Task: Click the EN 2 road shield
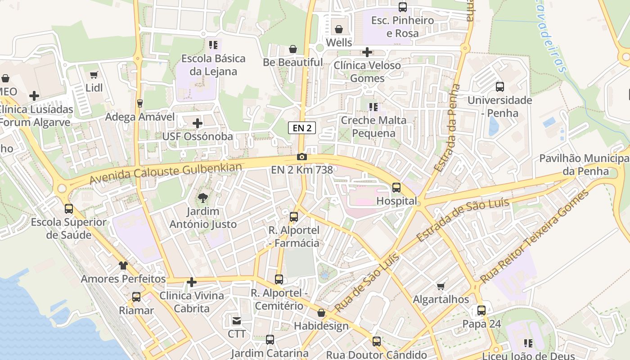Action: click(x=302, y=128)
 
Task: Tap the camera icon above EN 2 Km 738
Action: click(x=302, y=157)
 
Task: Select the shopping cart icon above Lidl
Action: click(x=94, y=75)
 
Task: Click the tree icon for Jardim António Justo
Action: click(x=203, y=197)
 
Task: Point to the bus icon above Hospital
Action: click(x=396, y=187)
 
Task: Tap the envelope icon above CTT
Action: click(x=236, y=321)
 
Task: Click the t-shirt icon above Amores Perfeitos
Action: click(x=123, y=265)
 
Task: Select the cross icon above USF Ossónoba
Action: click(x=197, y=123)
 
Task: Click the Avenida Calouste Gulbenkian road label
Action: click(x=166, y=173)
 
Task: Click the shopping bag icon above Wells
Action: click(x=338, y=29)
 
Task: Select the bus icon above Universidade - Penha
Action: click(x=499, y=86)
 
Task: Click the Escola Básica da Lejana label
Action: click(x=213, y=65)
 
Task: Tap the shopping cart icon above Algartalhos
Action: click(x=441, y=286)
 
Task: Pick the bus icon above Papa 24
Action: click(x=481, y=310)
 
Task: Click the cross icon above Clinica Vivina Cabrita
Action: click(x=192, y=282)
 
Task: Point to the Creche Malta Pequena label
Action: click(x=373, y=126)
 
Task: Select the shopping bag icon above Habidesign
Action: click(x=321, y=313)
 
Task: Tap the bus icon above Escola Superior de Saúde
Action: click(x=69, y=209)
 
